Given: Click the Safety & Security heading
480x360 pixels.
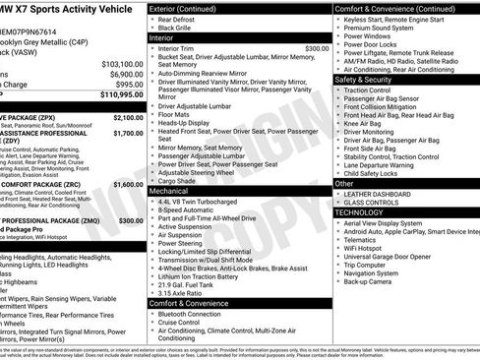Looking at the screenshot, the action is point(364,79).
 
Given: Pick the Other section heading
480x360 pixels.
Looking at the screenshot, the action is point(344,183).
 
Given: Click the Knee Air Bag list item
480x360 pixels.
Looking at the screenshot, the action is point(365,124).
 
